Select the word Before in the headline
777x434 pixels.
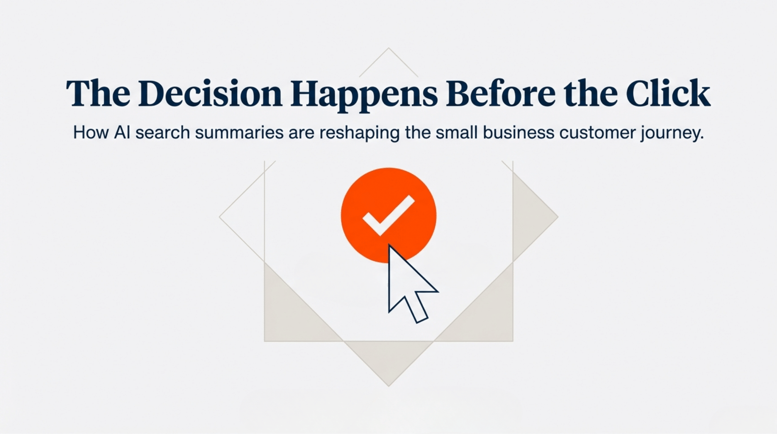click(x=500, y=93)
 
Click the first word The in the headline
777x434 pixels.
click(x=98, y=93)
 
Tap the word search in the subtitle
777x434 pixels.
click(x=163, y=133)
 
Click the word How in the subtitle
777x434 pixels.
click(x=91, y=133)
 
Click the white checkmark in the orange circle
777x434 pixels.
click(x=388, y=215)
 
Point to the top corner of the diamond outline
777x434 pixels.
click(x=388, y=48)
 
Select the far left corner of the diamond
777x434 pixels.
click(x=219, y=217)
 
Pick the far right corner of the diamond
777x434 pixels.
click(x=558, y=217)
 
